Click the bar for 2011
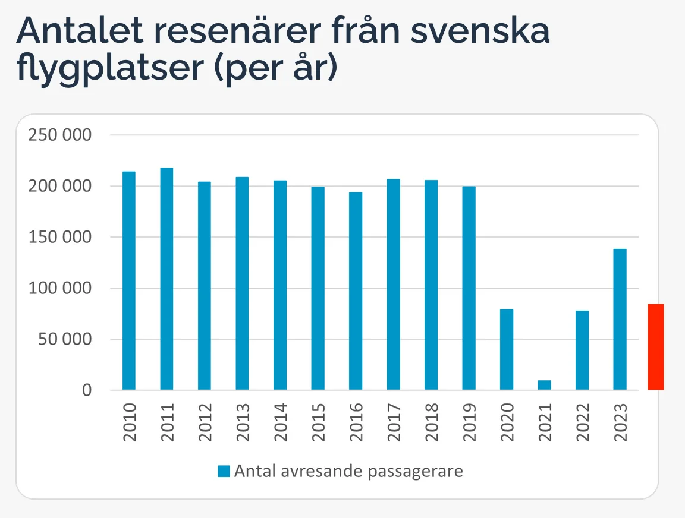click(x=166, y=279)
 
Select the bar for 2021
click(x=544, y=385)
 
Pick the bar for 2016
click(x=356, y=291)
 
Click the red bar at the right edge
click(x=656, y=347)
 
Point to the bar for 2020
click(x=507, y=349)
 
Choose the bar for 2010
click(x=129, y=280)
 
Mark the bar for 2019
click(x=469, y=288)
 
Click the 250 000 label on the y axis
click(x=60, y=135)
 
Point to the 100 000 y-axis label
click(x=60, y=288)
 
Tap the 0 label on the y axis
click(x=87, y=390)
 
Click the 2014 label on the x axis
click(x=280, y=422)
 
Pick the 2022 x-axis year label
click(x=582, y=422)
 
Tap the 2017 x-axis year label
click(x=394, y=422)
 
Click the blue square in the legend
click(x=224, y=472)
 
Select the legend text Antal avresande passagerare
click(x=348, y=472)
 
